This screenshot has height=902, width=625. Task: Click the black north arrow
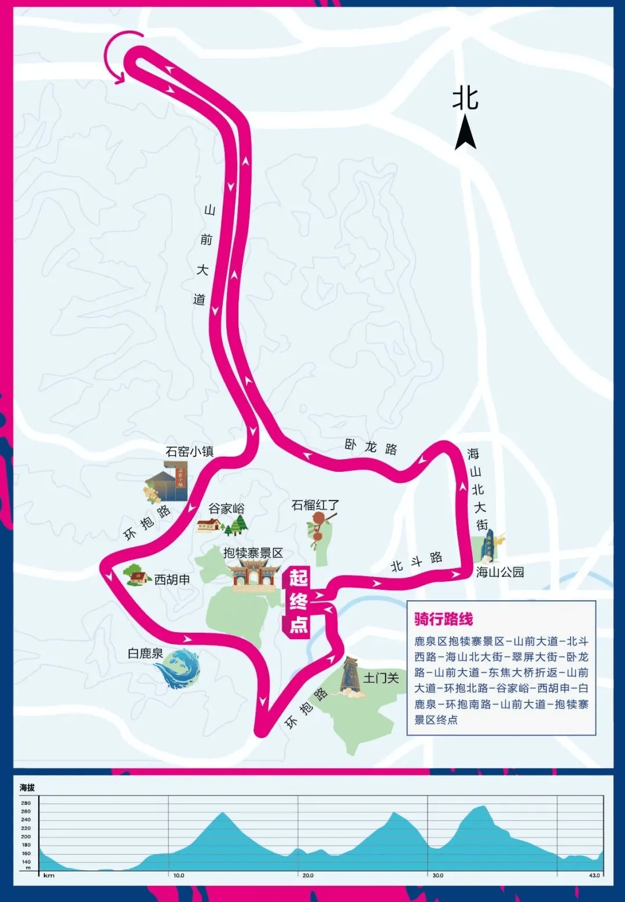[x=465, y=133]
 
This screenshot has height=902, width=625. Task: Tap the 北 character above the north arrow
[x=465, y=98]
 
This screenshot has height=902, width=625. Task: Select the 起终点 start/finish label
[x=298, y=602]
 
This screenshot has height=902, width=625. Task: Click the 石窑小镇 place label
[x=189, y=452]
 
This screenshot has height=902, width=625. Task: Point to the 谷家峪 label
[x=226, y=508]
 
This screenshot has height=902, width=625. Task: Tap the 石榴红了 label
[x=315, y=505]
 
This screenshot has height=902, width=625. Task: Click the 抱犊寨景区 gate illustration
[x=253, y=575]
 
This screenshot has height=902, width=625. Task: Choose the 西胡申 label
[x=172, y=579]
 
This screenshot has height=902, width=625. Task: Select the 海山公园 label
[x=500, y=572]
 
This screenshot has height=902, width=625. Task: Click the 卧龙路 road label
[x=371, y=447]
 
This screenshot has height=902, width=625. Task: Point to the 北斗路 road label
[x=416, y=562]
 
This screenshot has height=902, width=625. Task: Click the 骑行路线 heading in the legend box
[x=443, y=619]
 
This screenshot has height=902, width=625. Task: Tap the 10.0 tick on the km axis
[x=179, y=875]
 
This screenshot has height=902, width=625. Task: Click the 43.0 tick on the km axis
[x=594, y=875]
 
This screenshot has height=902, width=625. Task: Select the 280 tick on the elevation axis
[x=26, y=803]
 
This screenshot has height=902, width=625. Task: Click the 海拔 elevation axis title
[x=27, y=787]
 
